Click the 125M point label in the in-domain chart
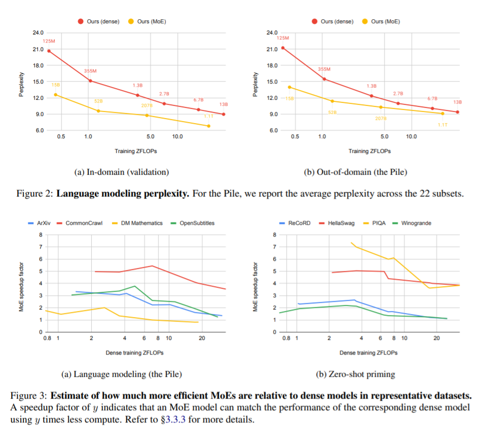(x=49, y=41)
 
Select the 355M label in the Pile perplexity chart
(x=324, y=69)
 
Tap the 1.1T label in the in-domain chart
(x=208, y=116)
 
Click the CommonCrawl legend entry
(x=84, y=223)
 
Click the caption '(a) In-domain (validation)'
(x=122, y=172)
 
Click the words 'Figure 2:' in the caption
(x=35, y=194)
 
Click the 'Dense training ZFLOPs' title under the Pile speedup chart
(x=134, y=352)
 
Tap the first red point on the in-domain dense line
(x=49, y=51)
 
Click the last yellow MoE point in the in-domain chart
(x=209, y=126)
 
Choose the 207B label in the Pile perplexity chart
(x=381, y=118)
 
